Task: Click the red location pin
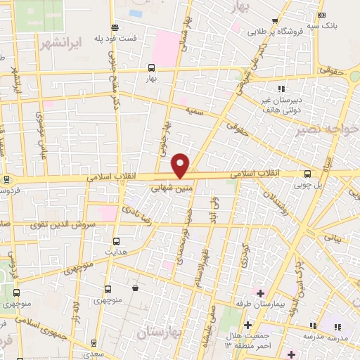(181, 165)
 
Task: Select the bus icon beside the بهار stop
(150, 68)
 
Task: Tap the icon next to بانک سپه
(321, 15)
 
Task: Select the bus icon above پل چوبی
(307, 173)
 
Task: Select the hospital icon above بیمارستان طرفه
(260, 292)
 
